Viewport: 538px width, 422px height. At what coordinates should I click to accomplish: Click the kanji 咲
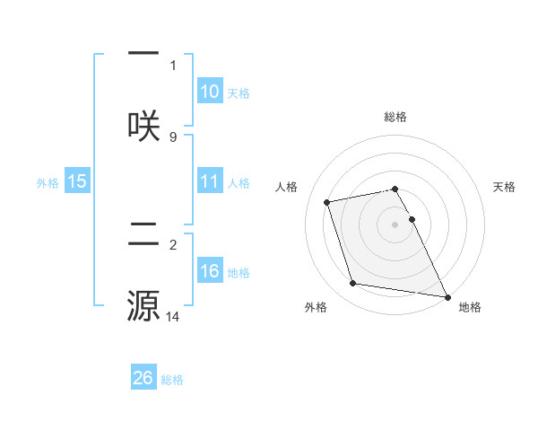(x=143, y=124)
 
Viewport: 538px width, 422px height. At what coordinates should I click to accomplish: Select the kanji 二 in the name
(x=143, y=237)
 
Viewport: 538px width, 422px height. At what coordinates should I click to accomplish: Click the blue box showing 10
(x=210, y=92)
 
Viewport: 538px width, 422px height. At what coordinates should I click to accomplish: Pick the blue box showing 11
(x=210, y=182)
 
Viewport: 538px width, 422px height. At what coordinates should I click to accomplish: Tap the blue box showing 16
(x=210, y=272)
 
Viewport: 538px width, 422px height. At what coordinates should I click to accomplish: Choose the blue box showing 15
(x=77, y=182)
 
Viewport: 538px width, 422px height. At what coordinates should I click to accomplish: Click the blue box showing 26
(x=143, y=379)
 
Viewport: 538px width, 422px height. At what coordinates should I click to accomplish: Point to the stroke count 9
(x=173, y=136)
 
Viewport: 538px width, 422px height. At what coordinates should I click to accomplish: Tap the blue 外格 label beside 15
(x=48, y=183)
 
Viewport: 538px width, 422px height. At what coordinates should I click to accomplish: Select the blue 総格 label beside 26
(x=172, y=380)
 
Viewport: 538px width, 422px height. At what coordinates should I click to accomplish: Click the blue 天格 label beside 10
(x=239, y=93)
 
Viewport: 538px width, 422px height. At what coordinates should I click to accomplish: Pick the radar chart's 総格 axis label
(x=395, y=117)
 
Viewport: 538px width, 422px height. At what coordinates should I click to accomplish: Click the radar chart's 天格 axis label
(x=505, y=187)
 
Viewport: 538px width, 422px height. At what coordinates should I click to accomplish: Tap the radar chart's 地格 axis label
(x=470, y=308)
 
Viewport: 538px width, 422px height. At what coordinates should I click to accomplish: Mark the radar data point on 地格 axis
(x=446, y=295)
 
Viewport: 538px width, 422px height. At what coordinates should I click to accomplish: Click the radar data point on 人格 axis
(x=327, y=201)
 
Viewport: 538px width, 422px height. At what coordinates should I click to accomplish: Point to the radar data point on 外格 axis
(x=353, y=284)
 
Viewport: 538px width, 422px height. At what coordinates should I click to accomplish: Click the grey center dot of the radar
(x=395, y=224)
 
